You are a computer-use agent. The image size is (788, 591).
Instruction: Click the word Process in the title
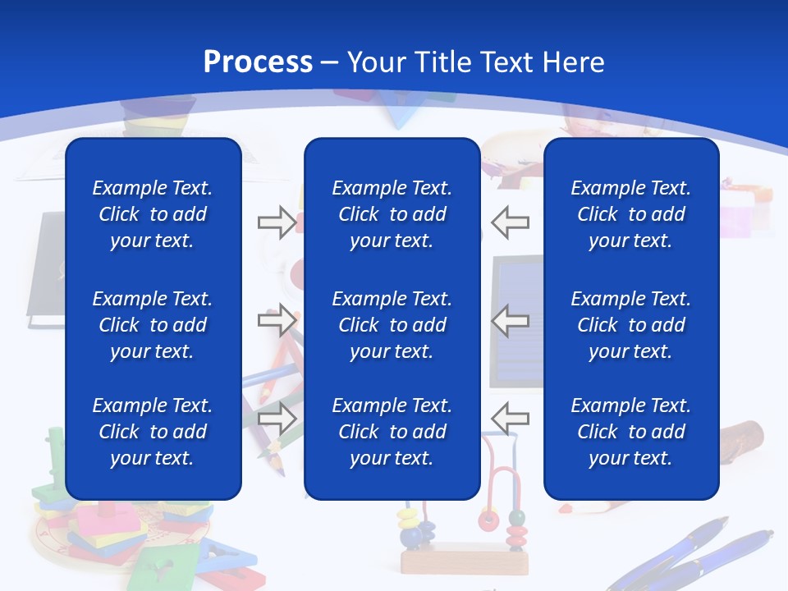pos(258,62)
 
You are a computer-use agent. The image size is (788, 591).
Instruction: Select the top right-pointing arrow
pos(277,222)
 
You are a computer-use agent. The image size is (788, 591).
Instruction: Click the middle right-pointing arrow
pos(277,320)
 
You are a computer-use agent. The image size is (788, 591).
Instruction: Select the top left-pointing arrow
pos(511,222)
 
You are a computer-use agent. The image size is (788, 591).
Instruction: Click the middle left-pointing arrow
pos(511,320)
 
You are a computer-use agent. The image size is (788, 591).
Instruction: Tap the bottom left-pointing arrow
pos(511,418)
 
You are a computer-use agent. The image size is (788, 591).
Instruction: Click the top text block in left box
pos(153,214)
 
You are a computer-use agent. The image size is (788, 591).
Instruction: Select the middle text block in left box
pos(153,325)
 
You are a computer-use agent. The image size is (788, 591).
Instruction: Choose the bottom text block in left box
pos(153,432)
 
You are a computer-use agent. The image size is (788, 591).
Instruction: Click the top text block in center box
pos(392,214)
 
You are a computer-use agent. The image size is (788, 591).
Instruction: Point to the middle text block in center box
pos(392,325)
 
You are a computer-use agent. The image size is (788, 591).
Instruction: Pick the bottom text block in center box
pos(392,432)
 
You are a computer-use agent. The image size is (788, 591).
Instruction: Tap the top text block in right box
pos(631,214)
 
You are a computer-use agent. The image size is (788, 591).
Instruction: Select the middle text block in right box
pos(631,325)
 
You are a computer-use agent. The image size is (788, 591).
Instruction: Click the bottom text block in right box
pos(631,432)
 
